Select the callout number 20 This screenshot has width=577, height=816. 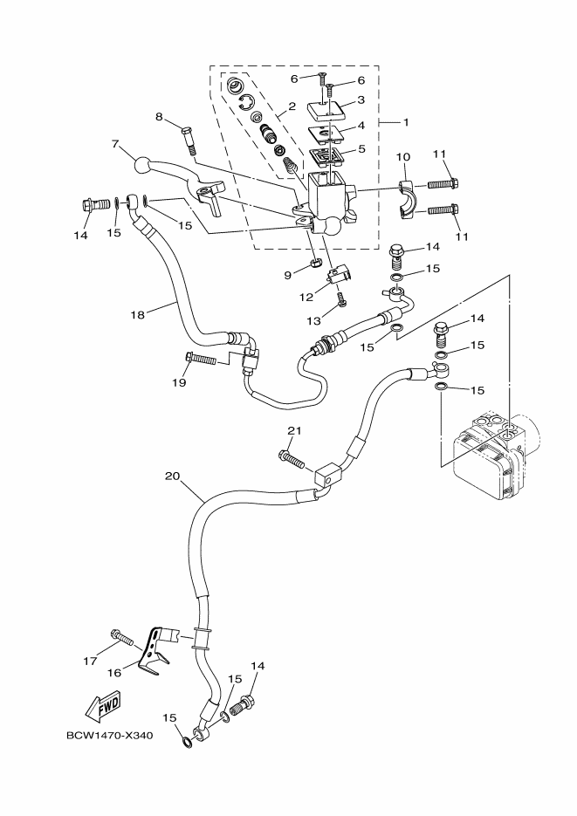tap(172, 477)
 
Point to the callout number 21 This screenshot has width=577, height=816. tap(294, 430)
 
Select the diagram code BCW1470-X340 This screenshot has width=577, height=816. tap(109, 735)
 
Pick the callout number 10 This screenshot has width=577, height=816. tap(403, 156)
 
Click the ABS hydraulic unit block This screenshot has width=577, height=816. tap(484, 454)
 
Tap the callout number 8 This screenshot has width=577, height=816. tap(160, 116)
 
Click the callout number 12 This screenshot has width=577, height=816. tap(306, 297)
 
